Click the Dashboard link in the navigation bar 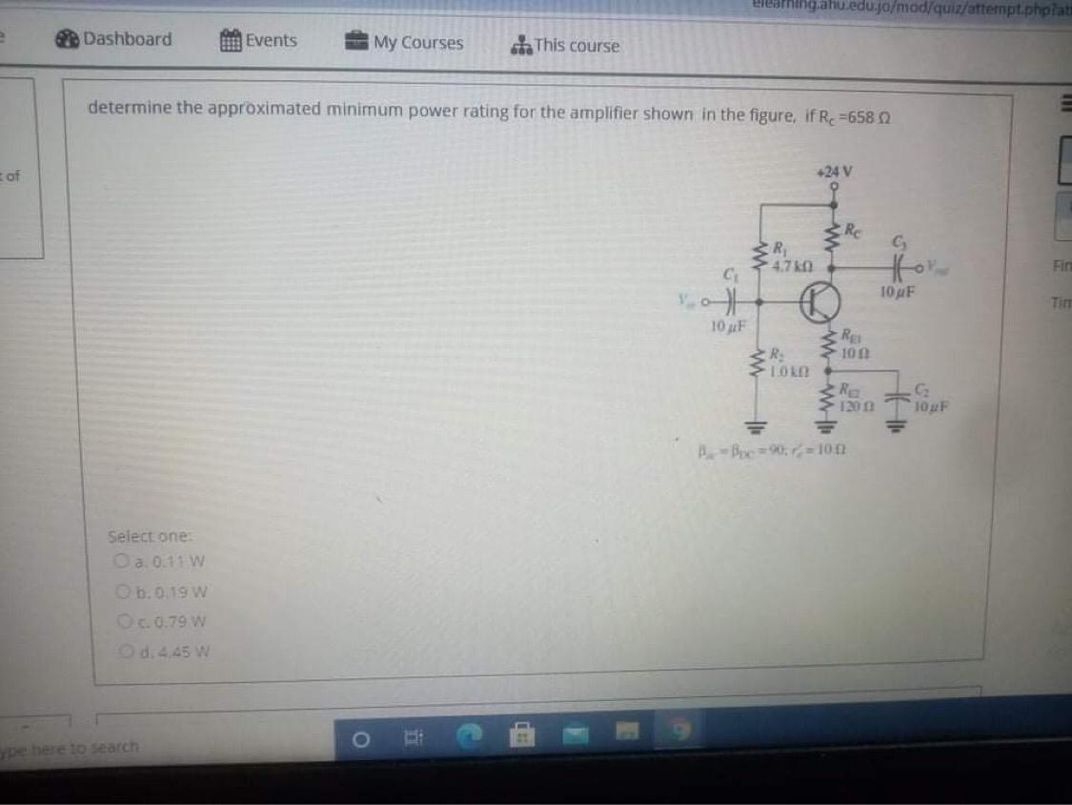click(x=114, y=39)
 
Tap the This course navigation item click(x=565, y=45)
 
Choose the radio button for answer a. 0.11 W click(x=121, y=561)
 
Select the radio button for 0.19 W click(x=121, y=591)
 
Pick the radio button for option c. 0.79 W click(x=121, y=622)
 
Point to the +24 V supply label click(x=835, y=173)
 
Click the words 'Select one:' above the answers click(x=142, y=536)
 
